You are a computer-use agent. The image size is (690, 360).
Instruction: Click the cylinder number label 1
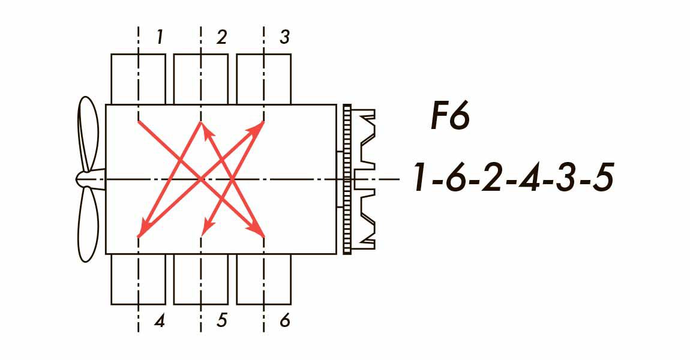[x=159, y=38]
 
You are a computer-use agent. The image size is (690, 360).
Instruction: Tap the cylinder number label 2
[x=221, y=38]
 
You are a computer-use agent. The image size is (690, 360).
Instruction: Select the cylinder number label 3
[x=285, y=38]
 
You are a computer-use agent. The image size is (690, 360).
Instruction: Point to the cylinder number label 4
[x=159, y=321]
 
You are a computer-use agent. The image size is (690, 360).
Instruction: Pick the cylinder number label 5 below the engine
[x=221, y=321]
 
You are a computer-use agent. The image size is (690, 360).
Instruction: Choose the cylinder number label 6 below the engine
[x=285, y=321]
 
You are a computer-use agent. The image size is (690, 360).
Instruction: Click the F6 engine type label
[x=449, y=117]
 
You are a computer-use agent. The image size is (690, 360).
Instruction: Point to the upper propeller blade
[x=88, y=135]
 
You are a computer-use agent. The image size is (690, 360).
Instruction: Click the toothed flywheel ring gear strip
[x=347, y=179]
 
